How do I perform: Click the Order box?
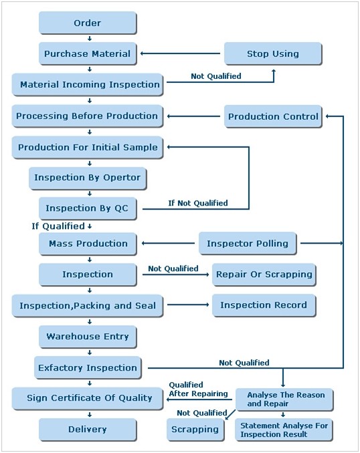click(88, 23)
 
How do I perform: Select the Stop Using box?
click(273, 54)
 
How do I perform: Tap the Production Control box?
click(273, 116)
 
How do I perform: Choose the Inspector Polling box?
click(248, 244)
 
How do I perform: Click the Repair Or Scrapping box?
click(264, 274)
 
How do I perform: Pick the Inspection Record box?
click(264, 305)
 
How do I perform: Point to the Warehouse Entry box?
click(88, 337)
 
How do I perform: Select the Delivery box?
click(88, 430)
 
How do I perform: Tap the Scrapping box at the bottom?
click(195, 430)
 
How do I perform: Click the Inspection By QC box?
click(88, 208)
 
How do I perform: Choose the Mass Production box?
click(88, 244)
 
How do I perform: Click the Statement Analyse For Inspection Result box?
click(284, 430)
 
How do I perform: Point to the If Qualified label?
click(58, 226)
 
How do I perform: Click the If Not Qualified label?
click(198, 203)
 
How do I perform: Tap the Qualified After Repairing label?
click(198, 389)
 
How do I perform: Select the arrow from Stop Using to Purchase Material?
click(180, 54)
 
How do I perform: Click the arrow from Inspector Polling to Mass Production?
click(168, 244)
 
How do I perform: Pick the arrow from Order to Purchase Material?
click(90, 38)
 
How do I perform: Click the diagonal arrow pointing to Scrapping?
click(230, 415)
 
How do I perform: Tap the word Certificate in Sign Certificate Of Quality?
click(76, 398)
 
